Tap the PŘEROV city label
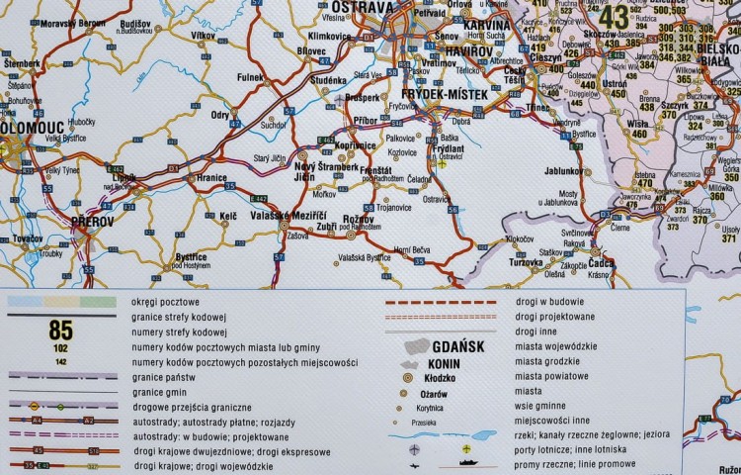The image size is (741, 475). click(x=93, y=223)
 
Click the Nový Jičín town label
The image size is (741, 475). click(x=316, y=171)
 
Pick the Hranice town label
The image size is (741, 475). click(x=212, y=178)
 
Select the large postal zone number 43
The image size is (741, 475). click(x=614, y=16)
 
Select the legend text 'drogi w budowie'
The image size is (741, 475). click(x=549, y=300)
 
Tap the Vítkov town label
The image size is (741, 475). click(x=204, y=36)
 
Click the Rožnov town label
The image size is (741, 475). click(x=359, y=219)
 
